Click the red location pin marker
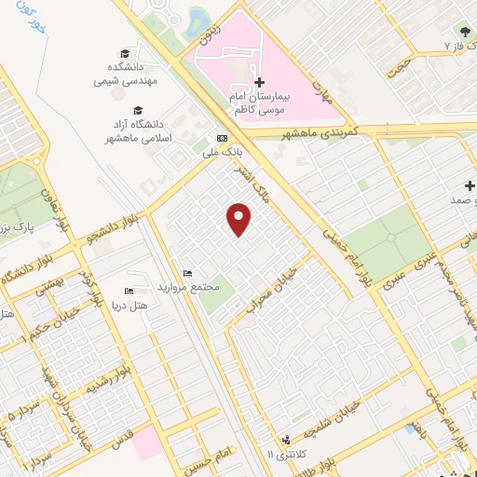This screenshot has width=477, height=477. click(x=239, y=219)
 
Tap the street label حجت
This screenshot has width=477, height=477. click(x=401, y=66)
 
